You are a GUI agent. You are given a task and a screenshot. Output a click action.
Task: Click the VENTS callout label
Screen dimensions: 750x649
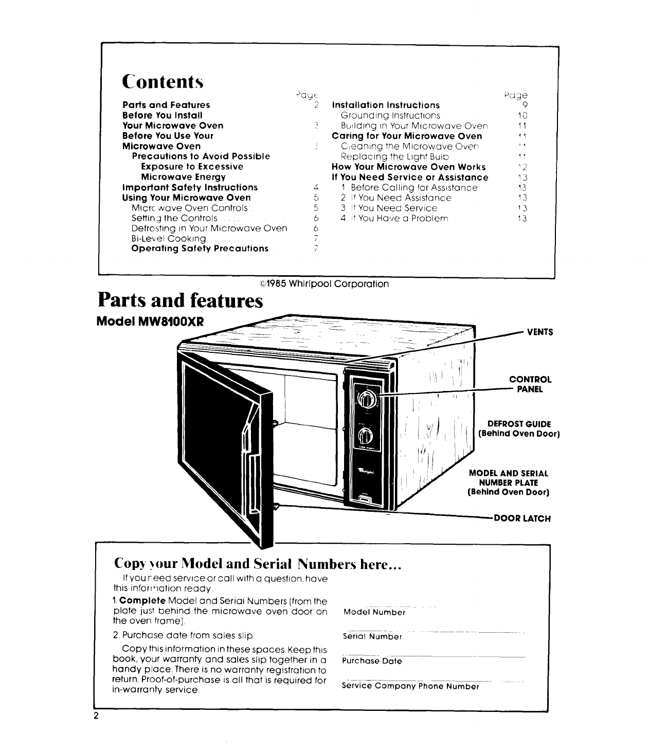click(x=539, y=332)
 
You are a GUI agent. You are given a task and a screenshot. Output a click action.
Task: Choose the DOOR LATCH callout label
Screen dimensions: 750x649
click(x=522, y=519)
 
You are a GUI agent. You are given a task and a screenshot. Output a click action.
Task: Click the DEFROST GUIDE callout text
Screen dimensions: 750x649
click(x=519, y=428)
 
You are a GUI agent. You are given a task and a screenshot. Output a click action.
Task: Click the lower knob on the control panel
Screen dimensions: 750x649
click(x=366, y=436)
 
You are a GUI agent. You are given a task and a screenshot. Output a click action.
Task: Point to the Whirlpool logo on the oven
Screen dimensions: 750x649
click(x=366, y=471)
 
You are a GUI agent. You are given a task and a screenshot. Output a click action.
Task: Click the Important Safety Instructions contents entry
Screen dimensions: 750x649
click(x=190, y=187)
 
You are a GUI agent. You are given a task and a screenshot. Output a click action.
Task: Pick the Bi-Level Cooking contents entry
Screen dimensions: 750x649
click(x=169, y=239)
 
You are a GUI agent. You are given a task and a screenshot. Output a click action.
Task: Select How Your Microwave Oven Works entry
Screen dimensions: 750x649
click(x=409, y=167)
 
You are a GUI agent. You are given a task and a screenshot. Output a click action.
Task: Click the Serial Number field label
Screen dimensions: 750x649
click(x=372, y=636)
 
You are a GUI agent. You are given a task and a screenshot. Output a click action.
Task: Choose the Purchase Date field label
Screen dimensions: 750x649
click(x=372, y=661)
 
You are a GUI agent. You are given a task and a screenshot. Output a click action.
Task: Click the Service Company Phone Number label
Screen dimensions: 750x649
click(x=410, y=686)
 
